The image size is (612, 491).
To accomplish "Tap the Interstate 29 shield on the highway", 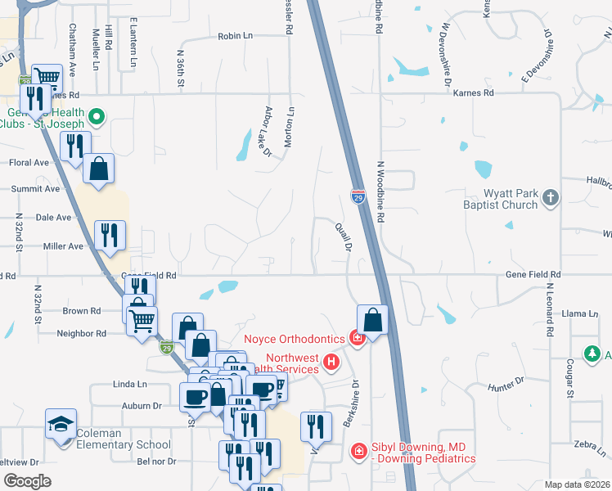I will coord(358,196).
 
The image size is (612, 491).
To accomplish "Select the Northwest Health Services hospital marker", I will coord(331,361).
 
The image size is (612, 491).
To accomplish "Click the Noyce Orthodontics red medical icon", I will coord(357,337).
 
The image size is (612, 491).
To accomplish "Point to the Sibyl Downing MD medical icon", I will coord(358,451).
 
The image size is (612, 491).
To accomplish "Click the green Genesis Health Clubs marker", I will coord(97,116).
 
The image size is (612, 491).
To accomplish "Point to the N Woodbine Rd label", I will coord(380,191).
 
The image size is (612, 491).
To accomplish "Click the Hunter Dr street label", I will coord(505,383).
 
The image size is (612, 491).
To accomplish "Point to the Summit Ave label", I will coord(36,189).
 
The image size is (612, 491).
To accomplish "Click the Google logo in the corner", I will coord(27,480).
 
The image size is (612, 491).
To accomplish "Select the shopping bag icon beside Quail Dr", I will coord(372,319).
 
